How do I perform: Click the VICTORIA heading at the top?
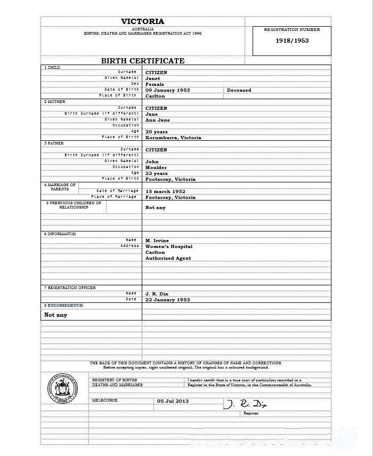(143, 21)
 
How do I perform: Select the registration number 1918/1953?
(292, 41)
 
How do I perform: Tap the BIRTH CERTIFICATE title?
(143, 61)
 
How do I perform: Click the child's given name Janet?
(153, 78)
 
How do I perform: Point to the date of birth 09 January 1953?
(168, 90)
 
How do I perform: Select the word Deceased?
(239, 90)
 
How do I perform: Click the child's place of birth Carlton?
(155, 96)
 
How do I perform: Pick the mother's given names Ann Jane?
(158, 120)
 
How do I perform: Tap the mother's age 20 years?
(157, 132)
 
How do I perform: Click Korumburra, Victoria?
(173, 138)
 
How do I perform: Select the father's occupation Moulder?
(156, 167)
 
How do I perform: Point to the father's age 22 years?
(157, 173)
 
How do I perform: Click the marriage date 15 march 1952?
(165, 191)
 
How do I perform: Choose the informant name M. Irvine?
(157, 241)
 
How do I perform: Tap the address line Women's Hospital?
(169, 246)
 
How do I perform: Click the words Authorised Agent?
(168, 258)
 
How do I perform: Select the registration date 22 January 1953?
(168, 300)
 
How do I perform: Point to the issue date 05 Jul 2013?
(173, 401)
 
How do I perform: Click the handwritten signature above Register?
(245, 404)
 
